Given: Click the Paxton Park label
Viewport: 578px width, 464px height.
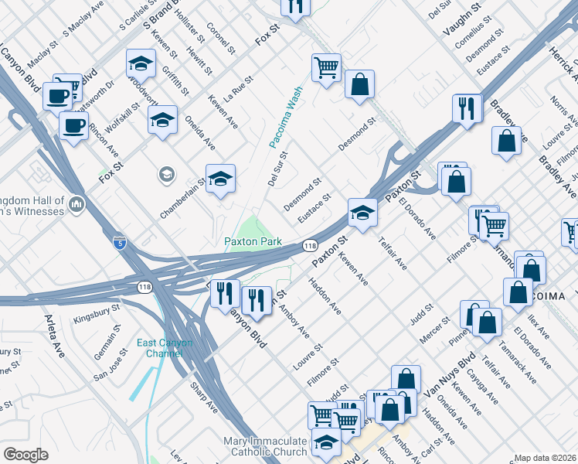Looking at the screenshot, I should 253,241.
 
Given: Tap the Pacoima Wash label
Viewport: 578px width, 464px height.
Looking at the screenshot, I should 285,117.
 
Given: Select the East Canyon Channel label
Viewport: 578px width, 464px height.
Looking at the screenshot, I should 165,348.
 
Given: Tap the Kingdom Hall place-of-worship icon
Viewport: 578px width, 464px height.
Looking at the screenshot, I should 76,204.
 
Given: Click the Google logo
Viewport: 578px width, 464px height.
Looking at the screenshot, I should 25,454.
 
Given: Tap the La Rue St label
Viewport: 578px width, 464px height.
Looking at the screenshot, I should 238,90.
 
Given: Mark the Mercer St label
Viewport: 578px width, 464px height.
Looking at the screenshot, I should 435,330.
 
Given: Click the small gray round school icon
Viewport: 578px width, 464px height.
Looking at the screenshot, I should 166,174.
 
